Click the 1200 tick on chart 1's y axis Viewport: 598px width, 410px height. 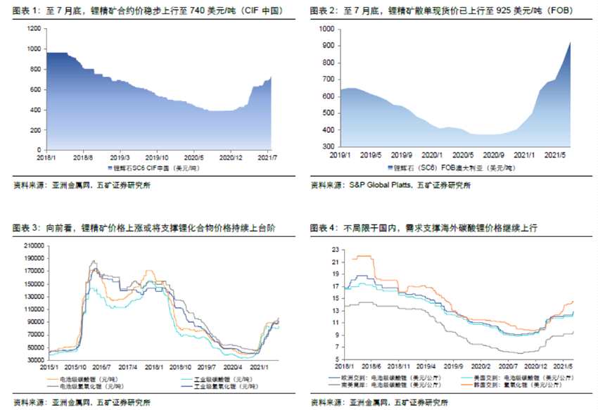[x=33, y=28]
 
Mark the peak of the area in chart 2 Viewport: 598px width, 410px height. [x=570, y=43]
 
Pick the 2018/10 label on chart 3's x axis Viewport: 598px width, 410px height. [x=179, y=366]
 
